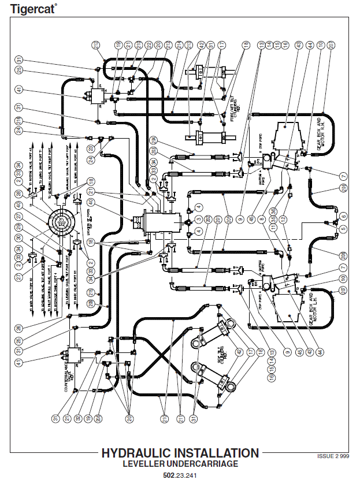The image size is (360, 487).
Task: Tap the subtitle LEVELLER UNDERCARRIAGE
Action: tap(180, 464)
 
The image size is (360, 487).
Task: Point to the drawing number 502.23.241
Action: tap(180, 477)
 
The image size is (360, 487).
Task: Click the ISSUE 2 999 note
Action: tap(333, 456)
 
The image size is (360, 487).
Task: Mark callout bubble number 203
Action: tap(228, 219)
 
